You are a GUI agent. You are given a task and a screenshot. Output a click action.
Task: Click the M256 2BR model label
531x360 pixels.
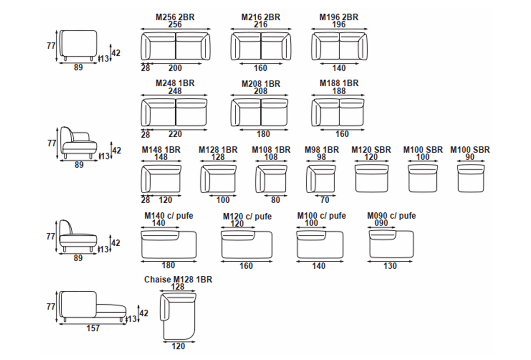(175, 17)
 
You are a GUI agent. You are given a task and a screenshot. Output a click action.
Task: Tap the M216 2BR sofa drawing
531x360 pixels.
(261, 46)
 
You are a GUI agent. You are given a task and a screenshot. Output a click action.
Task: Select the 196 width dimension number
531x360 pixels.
(339, 24)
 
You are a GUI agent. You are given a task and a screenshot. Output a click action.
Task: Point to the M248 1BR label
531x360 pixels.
(175, 83)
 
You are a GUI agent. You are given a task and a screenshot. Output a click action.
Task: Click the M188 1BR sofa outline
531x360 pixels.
(338, 112)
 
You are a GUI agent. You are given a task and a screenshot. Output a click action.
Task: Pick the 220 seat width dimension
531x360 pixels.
(175, 134)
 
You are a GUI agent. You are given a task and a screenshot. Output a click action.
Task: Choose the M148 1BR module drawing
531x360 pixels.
(161, 178)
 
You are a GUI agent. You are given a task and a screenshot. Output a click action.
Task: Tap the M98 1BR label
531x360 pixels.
(322, 150)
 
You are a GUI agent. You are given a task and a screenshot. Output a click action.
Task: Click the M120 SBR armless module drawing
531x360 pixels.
(371, 178)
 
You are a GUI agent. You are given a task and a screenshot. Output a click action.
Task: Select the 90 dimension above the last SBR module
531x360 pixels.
(470, 157)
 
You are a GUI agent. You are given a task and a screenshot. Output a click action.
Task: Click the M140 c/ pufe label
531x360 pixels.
(169, 216)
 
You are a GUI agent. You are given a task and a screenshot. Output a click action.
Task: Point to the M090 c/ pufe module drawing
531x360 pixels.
(391, 244)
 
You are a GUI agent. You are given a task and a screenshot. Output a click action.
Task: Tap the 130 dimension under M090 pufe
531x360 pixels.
(390, 266)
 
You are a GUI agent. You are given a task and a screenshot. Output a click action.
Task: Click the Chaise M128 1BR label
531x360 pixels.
(178, 279)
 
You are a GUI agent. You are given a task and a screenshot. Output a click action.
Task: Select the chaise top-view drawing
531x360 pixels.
(178, 316)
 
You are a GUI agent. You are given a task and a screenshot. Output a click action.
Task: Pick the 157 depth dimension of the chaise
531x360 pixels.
(93, 329)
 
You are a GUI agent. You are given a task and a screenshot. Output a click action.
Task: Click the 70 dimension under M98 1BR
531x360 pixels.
(325, 200)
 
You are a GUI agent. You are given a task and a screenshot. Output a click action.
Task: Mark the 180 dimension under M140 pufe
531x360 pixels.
(168, 265)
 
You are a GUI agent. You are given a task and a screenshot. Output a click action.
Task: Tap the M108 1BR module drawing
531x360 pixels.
(271, 178)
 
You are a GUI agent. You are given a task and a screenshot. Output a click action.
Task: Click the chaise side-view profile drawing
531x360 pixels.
(92, 306)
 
